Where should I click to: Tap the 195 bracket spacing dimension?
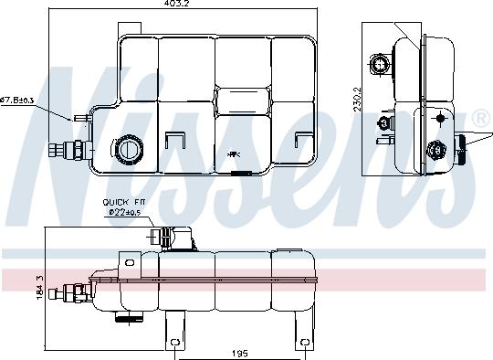pyautogui.click(x=239, y=352)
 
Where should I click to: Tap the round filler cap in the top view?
pyautogui.click(x=125, y=148)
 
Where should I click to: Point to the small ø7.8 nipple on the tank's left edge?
pyautogui.click(x=83, y=117)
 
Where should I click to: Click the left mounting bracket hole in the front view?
pyautogui.click(x=174, y=344)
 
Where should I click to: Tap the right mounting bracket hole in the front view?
pyautogui.click(x=303, y=344)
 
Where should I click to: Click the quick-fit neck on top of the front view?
pyautogui.click(x=166, y=237)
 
